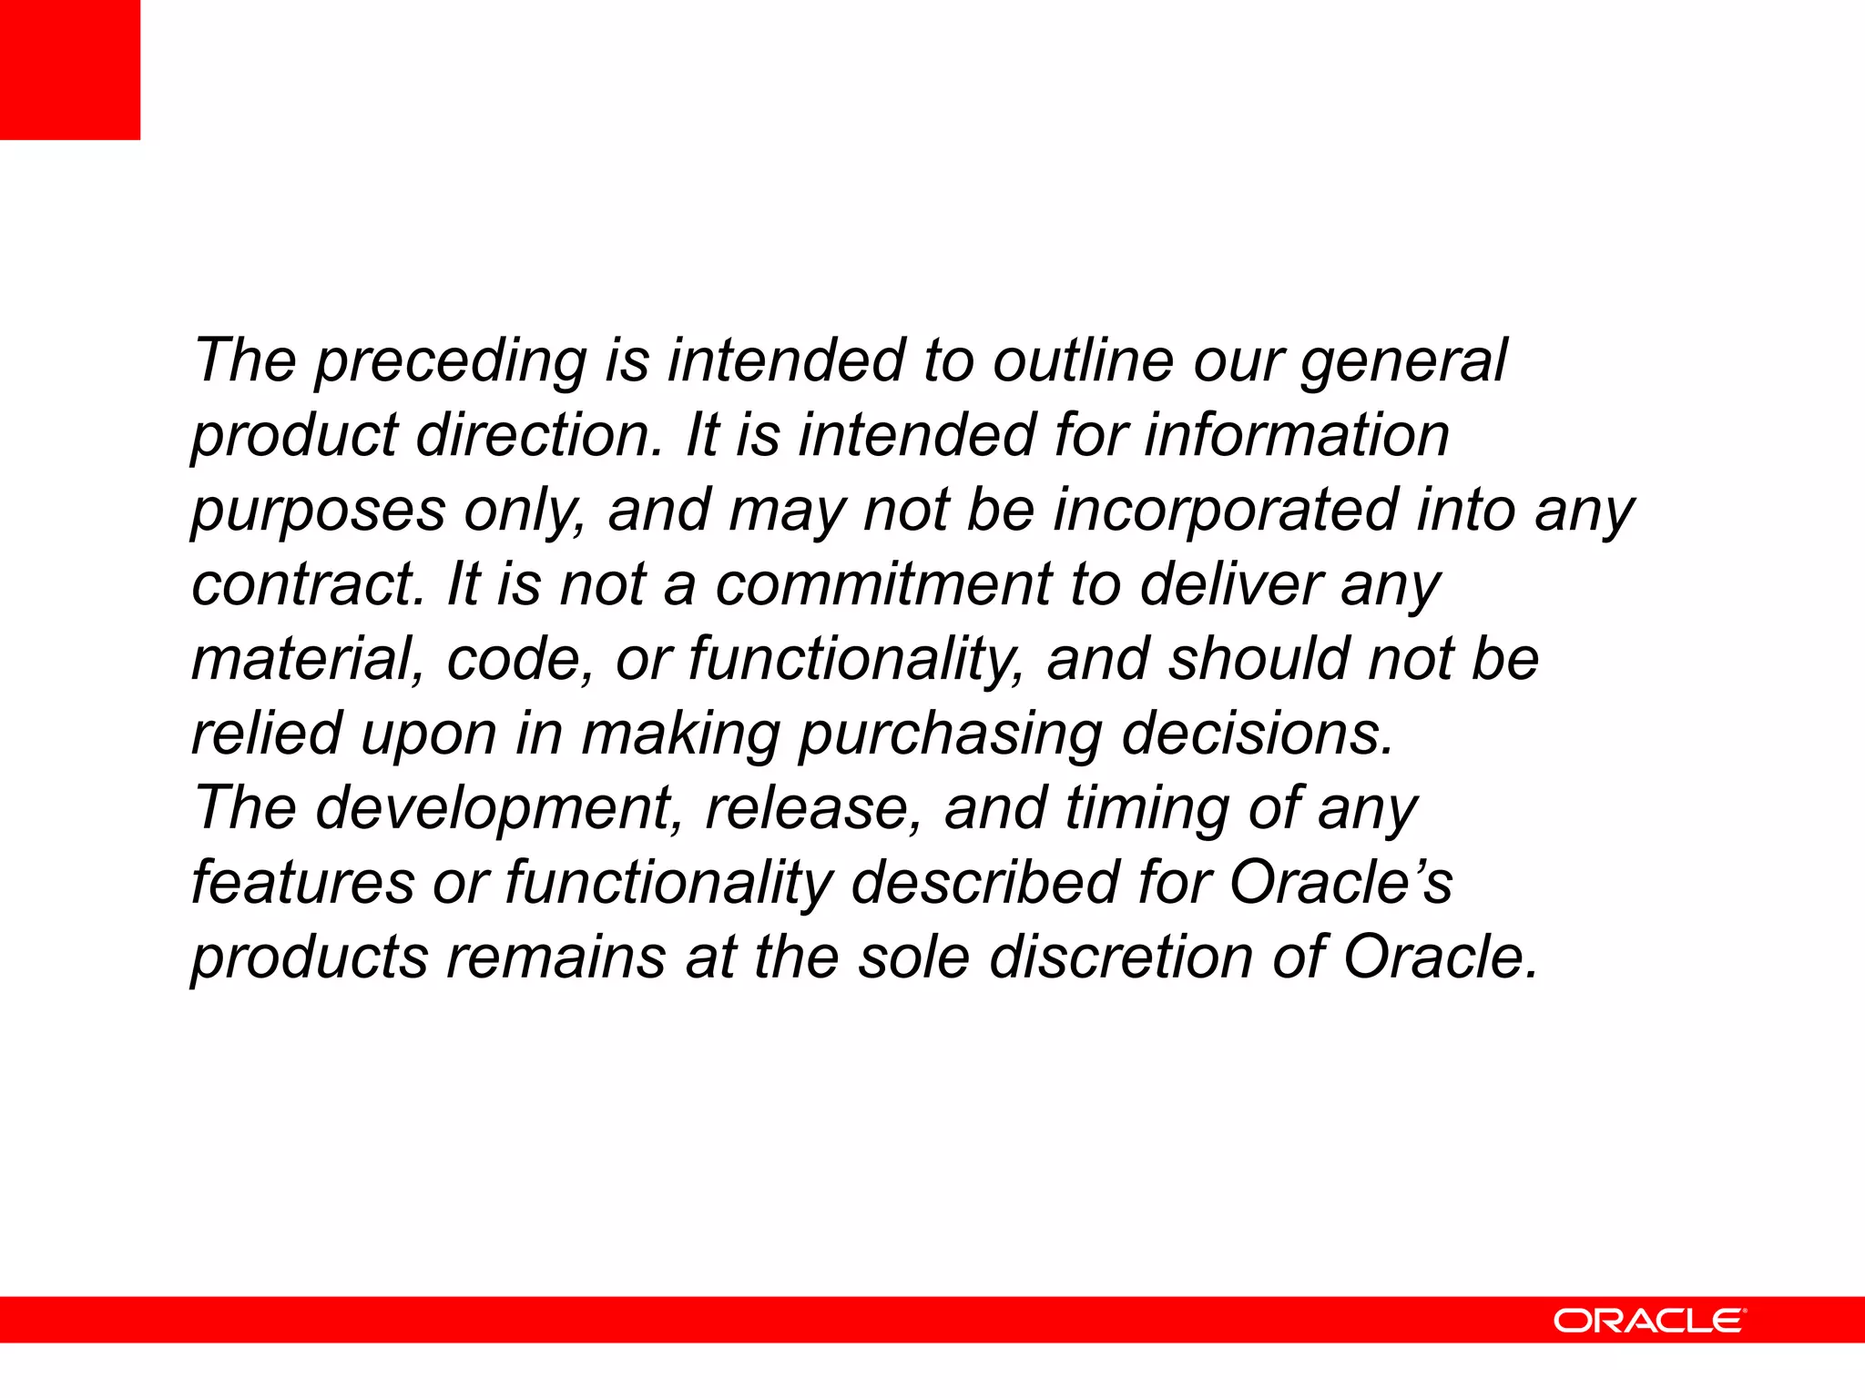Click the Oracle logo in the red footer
pyautogui.click(x=1649, y=1321)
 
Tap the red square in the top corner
pyautogui.click(x=70, y=70)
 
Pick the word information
pyautogui.click(x=1297, y=435)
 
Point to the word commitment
pyautogui.click(x=882, y=584)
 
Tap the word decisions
pyautogui.click(x=1257, y=734)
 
